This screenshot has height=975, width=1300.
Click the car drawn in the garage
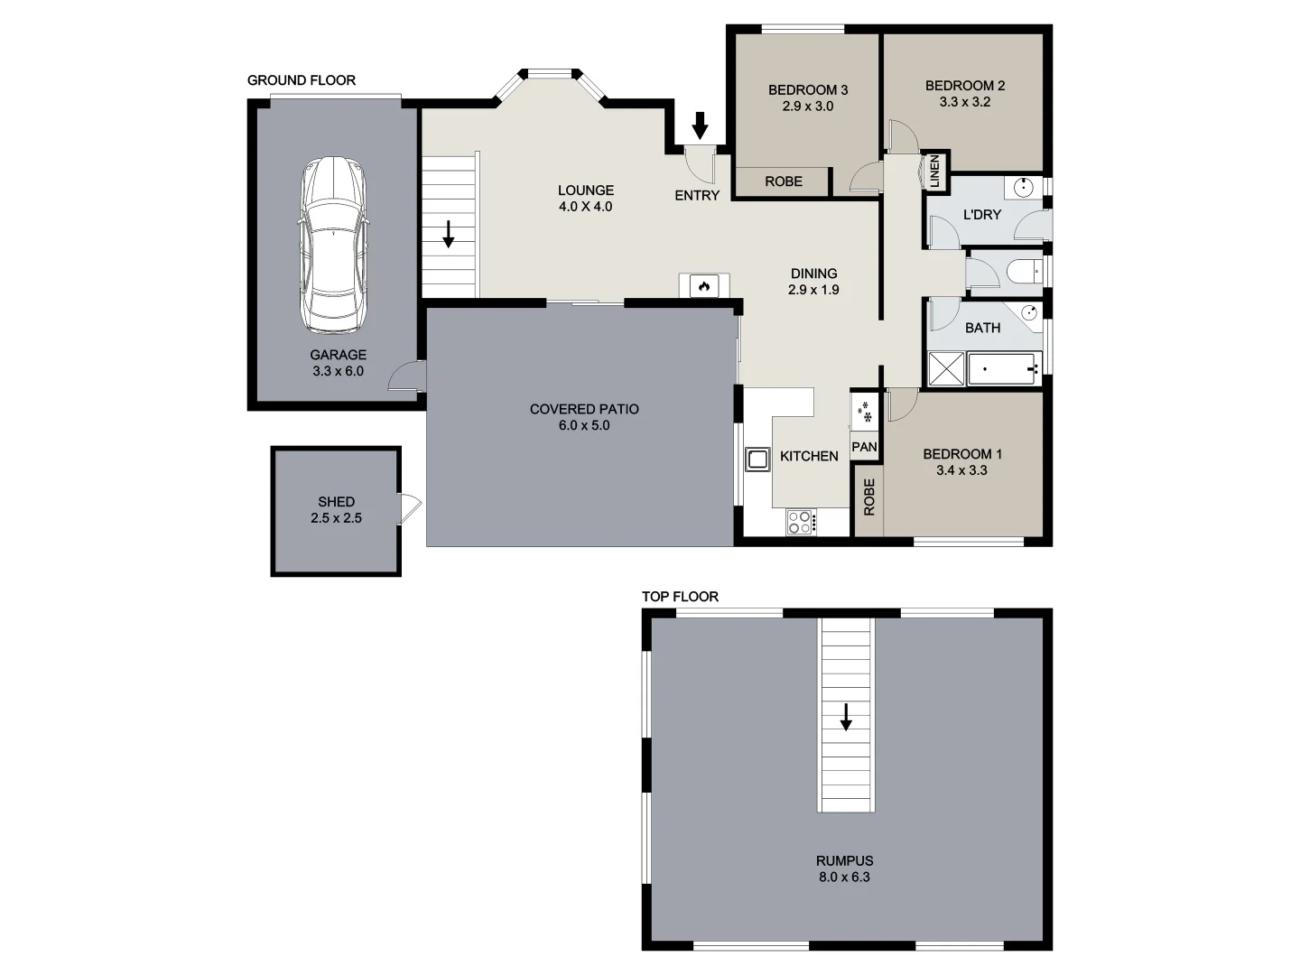coord(334,246)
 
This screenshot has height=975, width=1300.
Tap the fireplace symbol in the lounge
coord(704,286)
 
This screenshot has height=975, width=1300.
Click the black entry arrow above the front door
coord(700,125)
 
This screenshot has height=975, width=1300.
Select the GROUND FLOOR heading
coord(302,80)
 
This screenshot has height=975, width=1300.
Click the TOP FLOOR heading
coord(680,597)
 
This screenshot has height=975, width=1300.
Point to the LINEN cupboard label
coord(935,172)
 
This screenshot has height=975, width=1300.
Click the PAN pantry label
coord(864,447)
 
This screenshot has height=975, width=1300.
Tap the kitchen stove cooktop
coord(800,522)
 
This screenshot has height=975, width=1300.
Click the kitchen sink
coord(756,459)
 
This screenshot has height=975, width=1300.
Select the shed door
coord(409,508)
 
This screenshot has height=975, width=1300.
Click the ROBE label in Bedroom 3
coord(783,181)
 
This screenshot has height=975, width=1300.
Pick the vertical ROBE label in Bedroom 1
coord(869,497)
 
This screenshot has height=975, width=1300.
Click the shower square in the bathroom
coord(947,369)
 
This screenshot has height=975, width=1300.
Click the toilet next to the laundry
coord(1023,271)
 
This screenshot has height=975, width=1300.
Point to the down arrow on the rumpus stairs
coord(846,717)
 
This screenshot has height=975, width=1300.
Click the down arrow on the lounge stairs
coord(449,234)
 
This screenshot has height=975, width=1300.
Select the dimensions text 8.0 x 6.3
coord(844,877)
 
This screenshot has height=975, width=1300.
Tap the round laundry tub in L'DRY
coord(1024,188)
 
